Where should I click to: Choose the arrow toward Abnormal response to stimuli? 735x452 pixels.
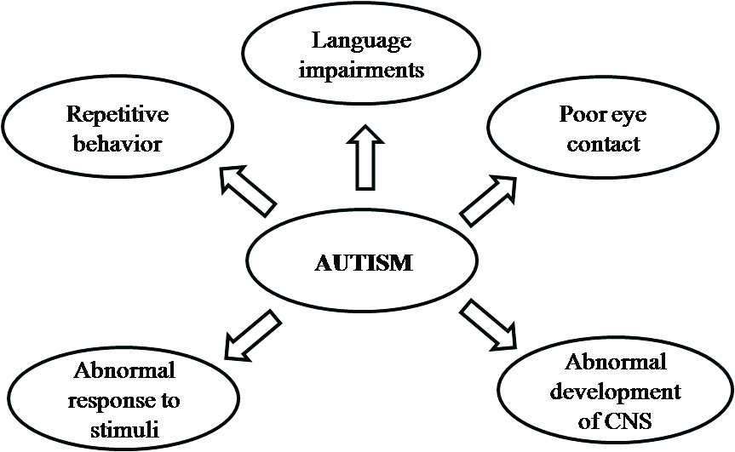[251, 335]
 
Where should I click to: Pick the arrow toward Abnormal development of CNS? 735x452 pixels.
[489, 325]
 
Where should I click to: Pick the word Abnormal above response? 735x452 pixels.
[124, 370]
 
